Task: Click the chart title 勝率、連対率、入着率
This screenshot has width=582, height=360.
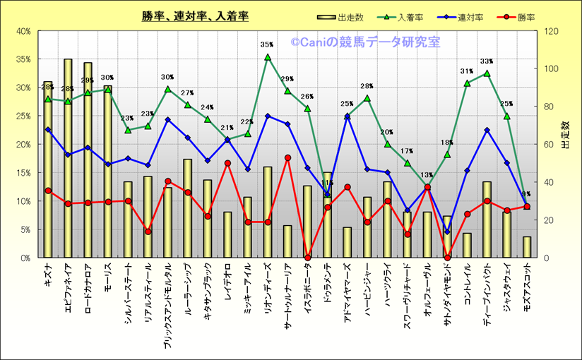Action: (195, 16)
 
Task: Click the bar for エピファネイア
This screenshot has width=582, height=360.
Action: (68, 162)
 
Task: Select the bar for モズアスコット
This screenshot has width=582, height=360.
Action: (527, 247)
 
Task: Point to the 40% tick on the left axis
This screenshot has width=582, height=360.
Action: (23, 31)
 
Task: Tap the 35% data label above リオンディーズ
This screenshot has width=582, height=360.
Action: (267, 45)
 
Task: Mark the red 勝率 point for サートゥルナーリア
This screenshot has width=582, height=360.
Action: (287, 158)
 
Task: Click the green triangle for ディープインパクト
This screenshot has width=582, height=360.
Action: (487, 73)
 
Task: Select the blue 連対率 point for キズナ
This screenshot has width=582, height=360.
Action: (48, 130)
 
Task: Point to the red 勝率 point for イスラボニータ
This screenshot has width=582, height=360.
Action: (307, 257)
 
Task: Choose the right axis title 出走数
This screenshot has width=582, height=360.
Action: (566, 135)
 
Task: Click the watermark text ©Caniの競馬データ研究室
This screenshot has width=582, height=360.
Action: (364, 42)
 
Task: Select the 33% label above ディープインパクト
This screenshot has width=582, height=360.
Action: (487, 61)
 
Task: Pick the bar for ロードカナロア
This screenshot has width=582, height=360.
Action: (88, 162)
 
